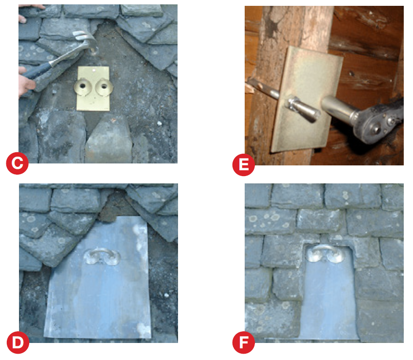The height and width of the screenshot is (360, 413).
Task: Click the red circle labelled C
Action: point(17,163)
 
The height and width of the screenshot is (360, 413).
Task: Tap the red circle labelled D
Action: point(18,342)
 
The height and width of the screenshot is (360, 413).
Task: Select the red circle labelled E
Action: point(244,165)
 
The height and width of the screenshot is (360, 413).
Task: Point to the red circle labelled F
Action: point(244,342)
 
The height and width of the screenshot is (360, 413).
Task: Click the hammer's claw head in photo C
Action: point(85,41)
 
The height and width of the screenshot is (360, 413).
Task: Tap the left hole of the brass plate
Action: point(82,86)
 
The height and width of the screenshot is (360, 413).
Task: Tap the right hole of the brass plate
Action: point(104,86)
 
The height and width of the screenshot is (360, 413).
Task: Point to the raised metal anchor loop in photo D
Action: point(102,256)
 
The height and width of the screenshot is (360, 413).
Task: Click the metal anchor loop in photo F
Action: point(326,253)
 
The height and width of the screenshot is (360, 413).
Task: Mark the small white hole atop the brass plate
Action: point(94,70)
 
